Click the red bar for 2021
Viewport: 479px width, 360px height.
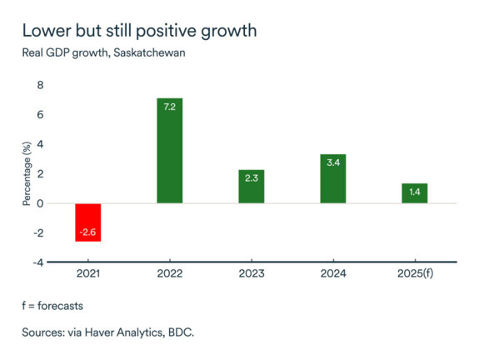click(87, 222)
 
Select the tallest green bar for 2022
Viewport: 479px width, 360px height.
click(169, 150)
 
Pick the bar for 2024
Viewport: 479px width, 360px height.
click(332, 178)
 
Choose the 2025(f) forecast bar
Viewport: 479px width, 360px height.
click(414, 193)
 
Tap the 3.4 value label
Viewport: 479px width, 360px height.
click(332, 164)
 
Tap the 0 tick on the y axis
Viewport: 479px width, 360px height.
click(39, 203)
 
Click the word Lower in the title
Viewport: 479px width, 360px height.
click(44, 32)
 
